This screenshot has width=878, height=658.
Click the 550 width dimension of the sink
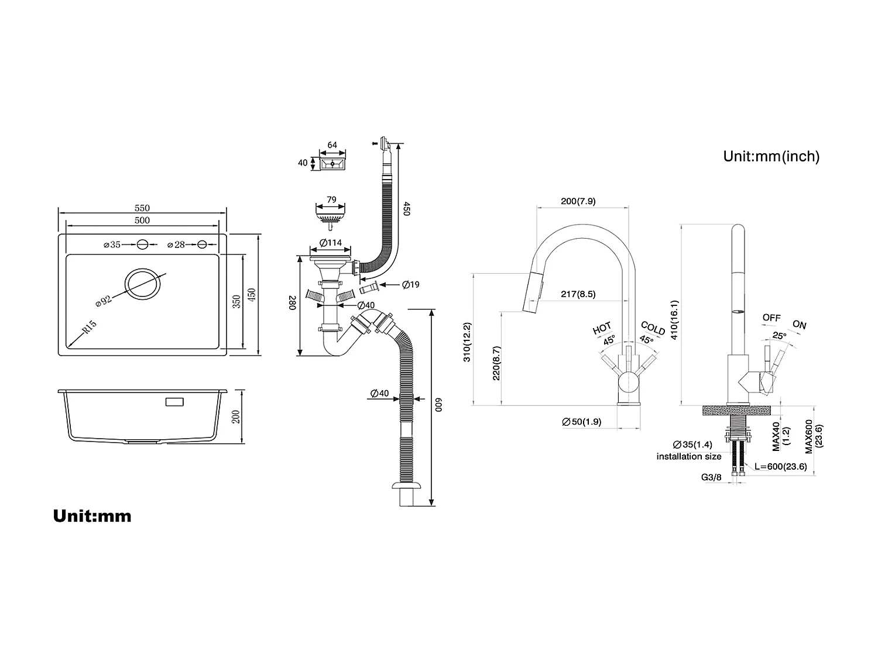[142, 208]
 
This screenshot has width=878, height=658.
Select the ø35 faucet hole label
[112, 244]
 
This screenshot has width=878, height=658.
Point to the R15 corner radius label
[89, 327]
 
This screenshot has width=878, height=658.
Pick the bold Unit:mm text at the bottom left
[92, 516]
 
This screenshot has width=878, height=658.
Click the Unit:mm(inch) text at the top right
[771, 156]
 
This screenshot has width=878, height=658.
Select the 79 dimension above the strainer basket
[331, 199]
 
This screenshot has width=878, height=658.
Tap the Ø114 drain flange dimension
[331, 243]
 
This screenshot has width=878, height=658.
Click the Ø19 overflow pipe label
[411, 285]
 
